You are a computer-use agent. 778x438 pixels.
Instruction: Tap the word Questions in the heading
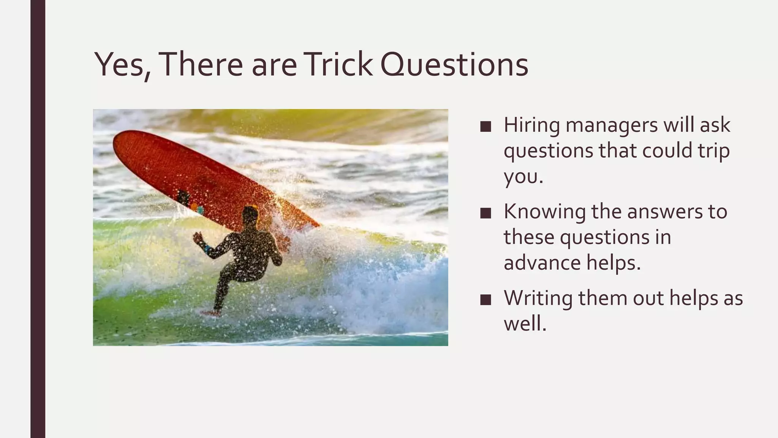click(454, 64)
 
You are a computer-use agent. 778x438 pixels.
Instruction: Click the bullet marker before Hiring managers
click(485, 127)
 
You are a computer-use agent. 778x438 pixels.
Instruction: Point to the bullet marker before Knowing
click(485, 213)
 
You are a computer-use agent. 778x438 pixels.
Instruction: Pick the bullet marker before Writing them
click(485, 300)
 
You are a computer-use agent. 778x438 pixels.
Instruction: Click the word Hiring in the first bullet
click(531, 125)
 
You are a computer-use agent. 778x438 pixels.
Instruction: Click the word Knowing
click(544, 212)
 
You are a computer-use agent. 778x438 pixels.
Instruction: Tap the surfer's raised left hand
click(198, 238)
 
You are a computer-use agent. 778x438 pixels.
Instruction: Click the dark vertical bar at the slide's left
click(38, 219)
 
